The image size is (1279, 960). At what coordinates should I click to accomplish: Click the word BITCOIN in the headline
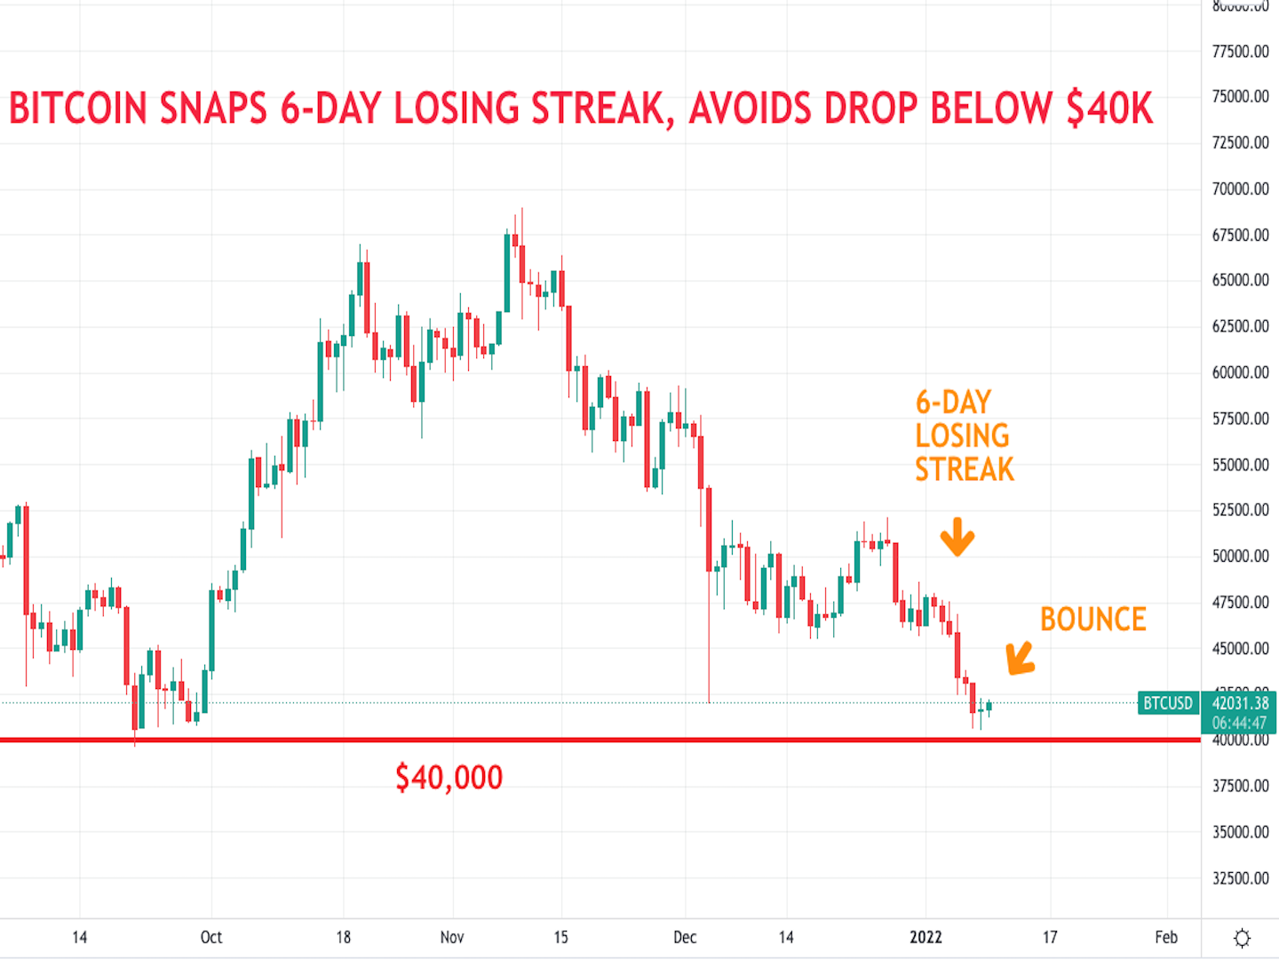click(78, 108)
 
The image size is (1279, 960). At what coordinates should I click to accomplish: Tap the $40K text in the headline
click(1109, 108)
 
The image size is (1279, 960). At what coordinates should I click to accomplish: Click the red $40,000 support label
click(449, 778)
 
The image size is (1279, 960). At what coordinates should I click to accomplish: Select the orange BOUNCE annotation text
click(1092, 620)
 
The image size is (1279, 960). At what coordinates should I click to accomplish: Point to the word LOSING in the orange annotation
click(962, 436)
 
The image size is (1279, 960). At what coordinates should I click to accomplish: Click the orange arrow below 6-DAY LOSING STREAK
click(957, 537)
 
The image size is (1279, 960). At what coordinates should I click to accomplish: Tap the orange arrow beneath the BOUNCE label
click(1020, 659)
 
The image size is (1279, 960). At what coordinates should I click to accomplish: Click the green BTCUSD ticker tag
click(1167, 703)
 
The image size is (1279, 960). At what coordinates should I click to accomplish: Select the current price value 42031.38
click(1240, 703)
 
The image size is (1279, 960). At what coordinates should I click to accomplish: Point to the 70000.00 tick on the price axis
click(1240, 188)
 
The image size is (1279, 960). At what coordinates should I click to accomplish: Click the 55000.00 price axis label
click(1240, 465)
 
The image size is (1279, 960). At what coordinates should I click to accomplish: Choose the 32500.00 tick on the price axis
click(1240, 878)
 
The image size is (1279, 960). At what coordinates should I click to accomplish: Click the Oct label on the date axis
click(211, 937)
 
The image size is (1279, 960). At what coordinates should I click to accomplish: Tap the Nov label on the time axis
click(452, 937)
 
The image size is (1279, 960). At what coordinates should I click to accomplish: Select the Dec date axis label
click(685, 937)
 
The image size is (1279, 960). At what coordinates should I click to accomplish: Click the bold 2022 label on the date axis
click(925, 937)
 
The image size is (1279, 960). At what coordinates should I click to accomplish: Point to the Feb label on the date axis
click(1166, 937)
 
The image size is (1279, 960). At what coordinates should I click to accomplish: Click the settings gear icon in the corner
click(1242, 938)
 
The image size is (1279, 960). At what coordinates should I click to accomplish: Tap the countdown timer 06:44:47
click(1240, 723)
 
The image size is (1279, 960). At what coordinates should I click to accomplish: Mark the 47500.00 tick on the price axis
click(1240, 603)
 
